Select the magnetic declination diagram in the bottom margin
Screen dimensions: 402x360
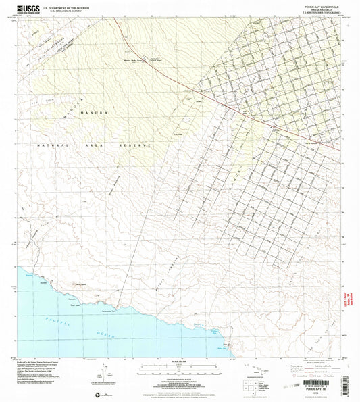pyautogui.click(x=103, y=372)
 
